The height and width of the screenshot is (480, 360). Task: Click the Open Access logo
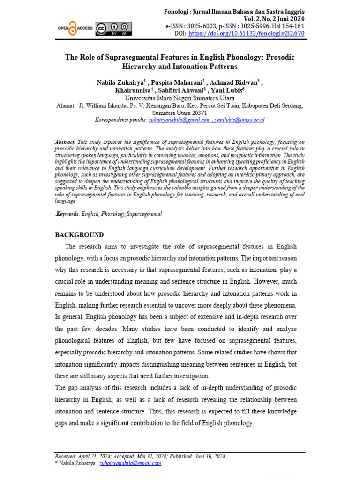pyautogui.click(x=75, y=28)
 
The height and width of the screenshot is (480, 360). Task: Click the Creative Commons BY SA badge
pyautogui.click(x=113, y=29)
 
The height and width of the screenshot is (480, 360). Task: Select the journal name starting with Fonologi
pyautogui.click(x=234, y=11)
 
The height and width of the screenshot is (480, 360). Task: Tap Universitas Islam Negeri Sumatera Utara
pyautogui.click(x=180, y=98)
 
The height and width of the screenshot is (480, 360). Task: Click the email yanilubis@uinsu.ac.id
pyautogui.click(x=240, y=120)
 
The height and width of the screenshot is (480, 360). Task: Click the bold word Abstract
pyautogui.click(x=65, y=141)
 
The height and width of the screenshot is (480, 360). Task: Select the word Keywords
pyautogui.click(x=67, y=214)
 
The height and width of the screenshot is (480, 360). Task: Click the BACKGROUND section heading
pyautogui.click(x=79, y=235)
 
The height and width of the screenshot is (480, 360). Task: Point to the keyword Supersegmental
pyautogui.click(x=141, y=214)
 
